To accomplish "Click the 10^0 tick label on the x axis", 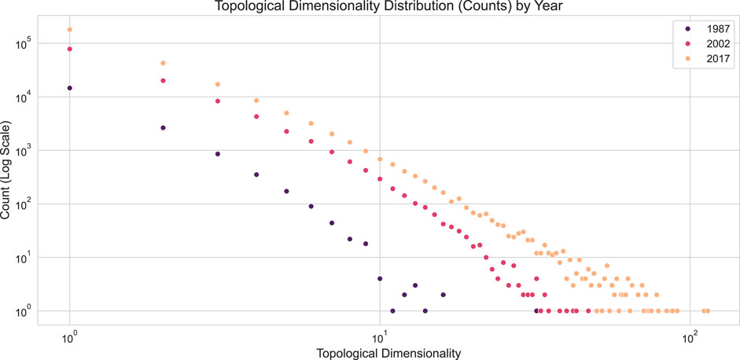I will pyautogui.click(x=70, y=334).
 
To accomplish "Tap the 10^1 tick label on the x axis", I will pyautogui.click(x=380, y=334).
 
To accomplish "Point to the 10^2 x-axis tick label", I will pyautogui.click(x=690, y=334).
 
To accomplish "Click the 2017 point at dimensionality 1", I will pyautogui.click(x=70, y=30).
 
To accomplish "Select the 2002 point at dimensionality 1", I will pyautogui.click(x=70, y=49).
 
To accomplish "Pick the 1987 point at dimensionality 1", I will pyautogui.click(x=70, y=88).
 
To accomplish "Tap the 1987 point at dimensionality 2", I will pyautogui.click(x=163, y=127).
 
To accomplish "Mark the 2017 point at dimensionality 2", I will pyautogui.click(x=163, y=63).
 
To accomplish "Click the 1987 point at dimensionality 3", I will pyautogui.click(x=218, y=154).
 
